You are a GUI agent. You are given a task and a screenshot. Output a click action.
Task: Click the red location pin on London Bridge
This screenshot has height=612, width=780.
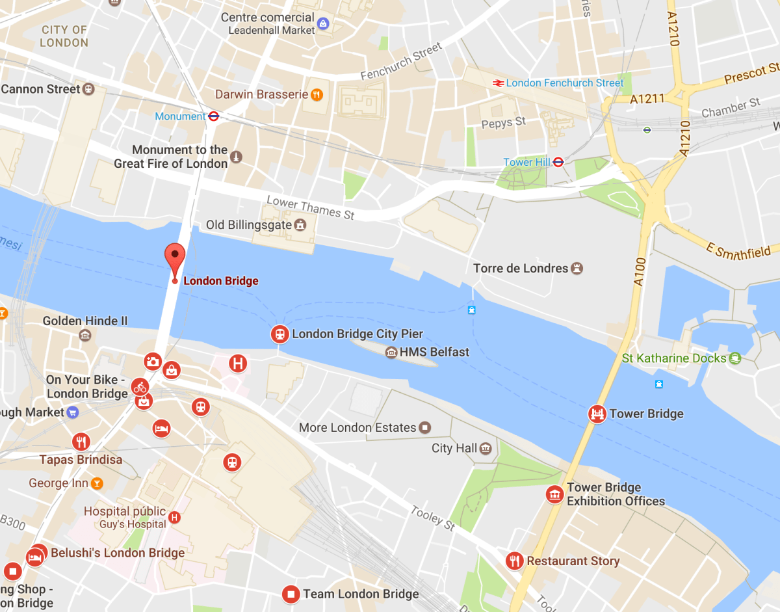[x=174, y=258]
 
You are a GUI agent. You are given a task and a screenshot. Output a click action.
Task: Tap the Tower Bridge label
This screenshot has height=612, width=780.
[x=646, y=414]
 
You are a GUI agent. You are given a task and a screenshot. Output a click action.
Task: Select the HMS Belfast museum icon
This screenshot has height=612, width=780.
[x=391, y=353]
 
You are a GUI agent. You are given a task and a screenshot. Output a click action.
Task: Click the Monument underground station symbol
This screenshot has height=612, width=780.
[x=213, y=116]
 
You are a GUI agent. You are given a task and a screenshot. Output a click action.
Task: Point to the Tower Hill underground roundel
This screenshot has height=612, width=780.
[x=558, y=162]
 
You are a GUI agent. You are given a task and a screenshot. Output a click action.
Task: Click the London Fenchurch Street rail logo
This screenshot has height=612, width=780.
[x=498, y=83]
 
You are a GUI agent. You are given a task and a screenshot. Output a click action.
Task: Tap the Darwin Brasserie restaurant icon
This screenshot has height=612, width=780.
[x=317, y=94]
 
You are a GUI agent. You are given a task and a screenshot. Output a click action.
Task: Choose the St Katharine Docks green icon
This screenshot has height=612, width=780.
[x=735, y=358]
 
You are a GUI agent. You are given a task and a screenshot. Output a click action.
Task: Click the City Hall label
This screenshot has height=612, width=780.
[x=454, y=448]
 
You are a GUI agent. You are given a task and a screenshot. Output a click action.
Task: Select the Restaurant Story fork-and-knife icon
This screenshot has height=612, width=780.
[x=515, y=561]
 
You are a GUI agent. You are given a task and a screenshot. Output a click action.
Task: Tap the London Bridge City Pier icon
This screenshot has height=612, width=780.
[x=279, y=334]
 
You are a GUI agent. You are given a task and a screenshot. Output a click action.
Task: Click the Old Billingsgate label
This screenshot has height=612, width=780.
[x=247, y=225]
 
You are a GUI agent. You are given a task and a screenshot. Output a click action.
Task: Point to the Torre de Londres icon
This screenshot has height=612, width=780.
[x=577, y=268]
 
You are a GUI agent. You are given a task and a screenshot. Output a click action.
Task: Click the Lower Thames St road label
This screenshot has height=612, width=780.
[x=311, y=208]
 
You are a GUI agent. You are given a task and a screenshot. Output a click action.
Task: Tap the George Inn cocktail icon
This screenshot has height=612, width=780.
[x=97, y=483]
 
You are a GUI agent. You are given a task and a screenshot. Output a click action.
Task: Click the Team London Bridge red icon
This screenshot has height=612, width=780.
[x=291, y=594]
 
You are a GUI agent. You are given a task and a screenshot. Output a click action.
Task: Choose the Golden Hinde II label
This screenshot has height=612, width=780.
[x=85, y=321]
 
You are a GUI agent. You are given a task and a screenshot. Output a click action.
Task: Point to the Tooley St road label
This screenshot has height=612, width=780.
[x=433, y=518]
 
